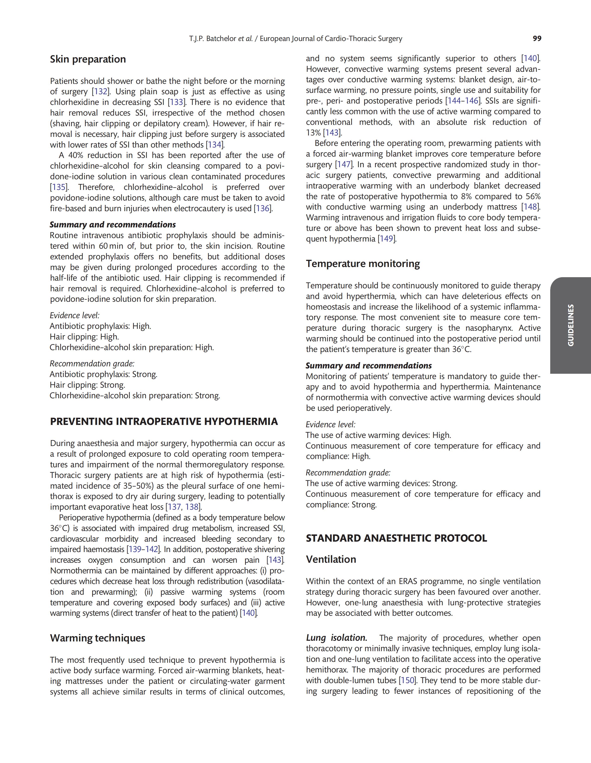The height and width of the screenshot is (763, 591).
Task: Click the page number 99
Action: click(x=537, y=39)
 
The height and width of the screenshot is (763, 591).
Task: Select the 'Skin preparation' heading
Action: click(x=88, y=59)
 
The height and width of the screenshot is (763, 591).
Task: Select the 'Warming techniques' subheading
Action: click(x=98, y=638)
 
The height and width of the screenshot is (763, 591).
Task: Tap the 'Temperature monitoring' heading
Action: click(x=363, y=264)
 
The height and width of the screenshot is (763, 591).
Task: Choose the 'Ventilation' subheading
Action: click(x=331, y=559)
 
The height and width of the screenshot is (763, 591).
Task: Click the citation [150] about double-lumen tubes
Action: click(x=407, y=681)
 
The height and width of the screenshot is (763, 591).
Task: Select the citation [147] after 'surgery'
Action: click(x=344, y=165)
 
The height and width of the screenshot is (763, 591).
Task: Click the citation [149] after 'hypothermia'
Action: click(x=386, y=239)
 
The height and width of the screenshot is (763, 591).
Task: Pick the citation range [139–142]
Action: click(x=144, y=549)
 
